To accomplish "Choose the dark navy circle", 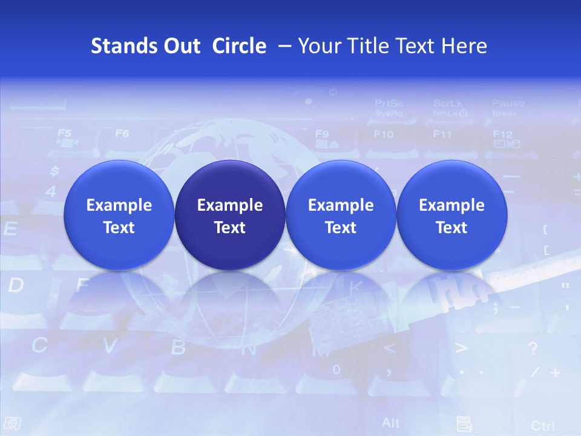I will [x=230, y=216].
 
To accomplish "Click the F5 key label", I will [x=64, y=132].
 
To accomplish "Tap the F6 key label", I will [x=122, y=133].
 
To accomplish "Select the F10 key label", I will [x=383, y=134].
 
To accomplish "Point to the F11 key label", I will [x=442, y=134].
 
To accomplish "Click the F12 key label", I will [x=502, y=134].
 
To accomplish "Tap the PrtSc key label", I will [x=389, y=103].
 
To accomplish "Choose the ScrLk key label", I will [x=447, y=103].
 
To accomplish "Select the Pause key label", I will [x=508, y=103].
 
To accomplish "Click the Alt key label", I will [x=391, y=422].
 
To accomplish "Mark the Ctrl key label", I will [x=542, y=425].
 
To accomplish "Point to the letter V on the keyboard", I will [x=110, y=346].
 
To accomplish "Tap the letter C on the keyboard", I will [x=39, y=345].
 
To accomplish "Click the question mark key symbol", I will [x=533, y=348].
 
